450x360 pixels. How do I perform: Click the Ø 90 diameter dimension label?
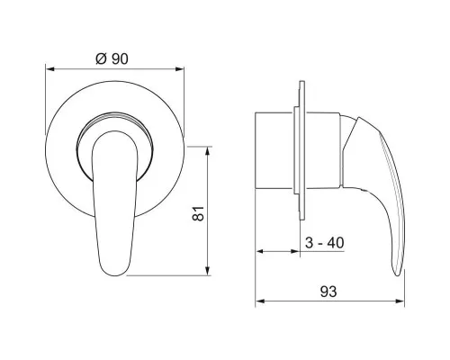pyautogui.click(x=112, y=58)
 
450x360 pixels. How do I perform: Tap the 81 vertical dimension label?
pyautogui.click(x=198, y=213)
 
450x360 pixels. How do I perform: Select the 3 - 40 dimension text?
pyautogui.click(x=324, y=243)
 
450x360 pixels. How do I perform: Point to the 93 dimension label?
pyautogui.click(x=328, y=292)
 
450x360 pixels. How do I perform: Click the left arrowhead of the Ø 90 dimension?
pyautogui.click(x=49, y=69)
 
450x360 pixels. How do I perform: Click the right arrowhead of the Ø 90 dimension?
pyautogui.click(x=180, y=69)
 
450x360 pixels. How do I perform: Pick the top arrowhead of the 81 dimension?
pyautogui.click(x=208, y=151)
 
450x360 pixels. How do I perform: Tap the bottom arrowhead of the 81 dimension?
pyautogui.click(x=208, y=271)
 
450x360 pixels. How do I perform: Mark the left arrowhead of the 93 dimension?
pyautogui.click(x=260, y=301)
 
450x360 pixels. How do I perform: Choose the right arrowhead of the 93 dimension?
pyautogui.click(x=400, y=301)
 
